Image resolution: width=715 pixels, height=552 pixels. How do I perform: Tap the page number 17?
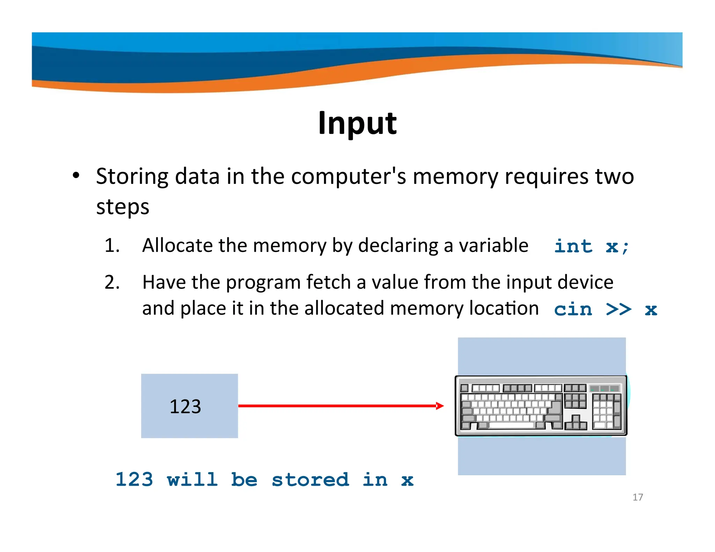(x=637, y=497)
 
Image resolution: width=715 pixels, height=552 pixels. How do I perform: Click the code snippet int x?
(x=591, y=246)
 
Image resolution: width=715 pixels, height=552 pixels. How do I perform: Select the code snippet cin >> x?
(x=605, y=309)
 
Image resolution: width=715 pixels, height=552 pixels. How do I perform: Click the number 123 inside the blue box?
(x=185, y=406)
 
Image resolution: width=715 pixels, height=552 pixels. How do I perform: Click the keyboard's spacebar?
(x=511, y=425)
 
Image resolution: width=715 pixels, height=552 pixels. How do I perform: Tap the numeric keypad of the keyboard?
(x=606, y=411)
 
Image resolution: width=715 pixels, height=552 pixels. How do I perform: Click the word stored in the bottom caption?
(x=310, y=479)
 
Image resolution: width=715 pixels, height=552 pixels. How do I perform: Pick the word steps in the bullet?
(x=123, y=207)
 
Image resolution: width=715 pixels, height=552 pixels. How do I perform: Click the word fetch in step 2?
(x=328, y=282)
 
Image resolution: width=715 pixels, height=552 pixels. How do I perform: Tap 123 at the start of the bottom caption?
(x=134, y=479)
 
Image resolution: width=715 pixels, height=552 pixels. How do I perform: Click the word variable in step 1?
(x=493, y=245)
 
